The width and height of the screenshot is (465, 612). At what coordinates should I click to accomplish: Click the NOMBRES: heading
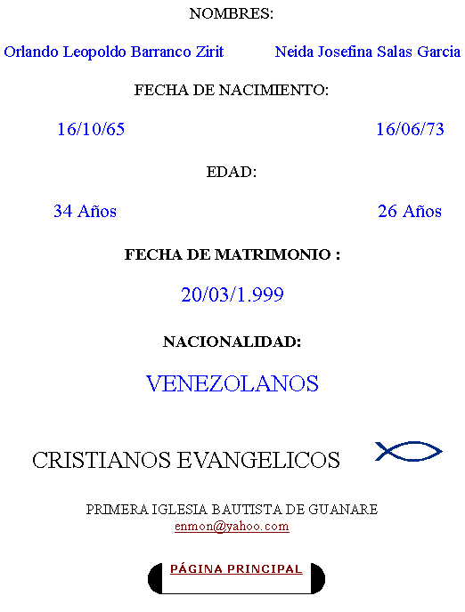pos(232,13)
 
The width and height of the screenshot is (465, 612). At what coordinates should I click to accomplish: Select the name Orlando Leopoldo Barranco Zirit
pos(114,52)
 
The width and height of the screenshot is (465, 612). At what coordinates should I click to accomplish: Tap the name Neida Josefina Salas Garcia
pos(368,52)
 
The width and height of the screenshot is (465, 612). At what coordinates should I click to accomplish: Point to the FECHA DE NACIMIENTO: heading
pos(232,90)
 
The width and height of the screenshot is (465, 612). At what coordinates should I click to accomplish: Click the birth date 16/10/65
pos(91,129)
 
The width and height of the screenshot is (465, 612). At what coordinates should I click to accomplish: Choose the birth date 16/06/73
pos(410,129)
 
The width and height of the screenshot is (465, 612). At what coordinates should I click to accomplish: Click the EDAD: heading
pos(232,172)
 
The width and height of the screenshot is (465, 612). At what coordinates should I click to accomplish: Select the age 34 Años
pos(86,211)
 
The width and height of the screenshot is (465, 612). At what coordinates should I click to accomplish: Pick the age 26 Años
pos(410,211)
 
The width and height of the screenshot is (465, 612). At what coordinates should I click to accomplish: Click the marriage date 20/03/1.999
pos(232,294)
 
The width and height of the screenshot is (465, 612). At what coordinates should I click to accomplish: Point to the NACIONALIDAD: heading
pos(232,342)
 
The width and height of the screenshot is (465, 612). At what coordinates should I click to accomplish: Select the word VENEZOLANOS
pos(232,383)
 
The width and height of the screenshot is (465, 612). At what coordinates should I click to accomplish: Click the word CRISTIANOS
pos(102,460)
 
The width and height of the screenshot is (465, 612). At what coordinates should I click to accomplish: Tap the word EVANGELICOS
pos(258,460)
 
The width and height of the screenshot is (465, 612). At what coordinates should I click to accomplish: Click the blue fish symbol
pos(408,451)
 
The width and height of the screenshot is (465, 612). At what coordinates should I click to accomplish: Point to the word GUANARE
pos(343,510)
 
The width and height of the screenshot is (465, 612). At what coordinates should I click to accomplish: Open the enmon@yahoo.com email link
pos(232,526)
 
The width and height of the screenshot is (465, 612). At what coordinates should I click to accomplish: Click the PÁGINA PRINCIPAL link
pos(236,569)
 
